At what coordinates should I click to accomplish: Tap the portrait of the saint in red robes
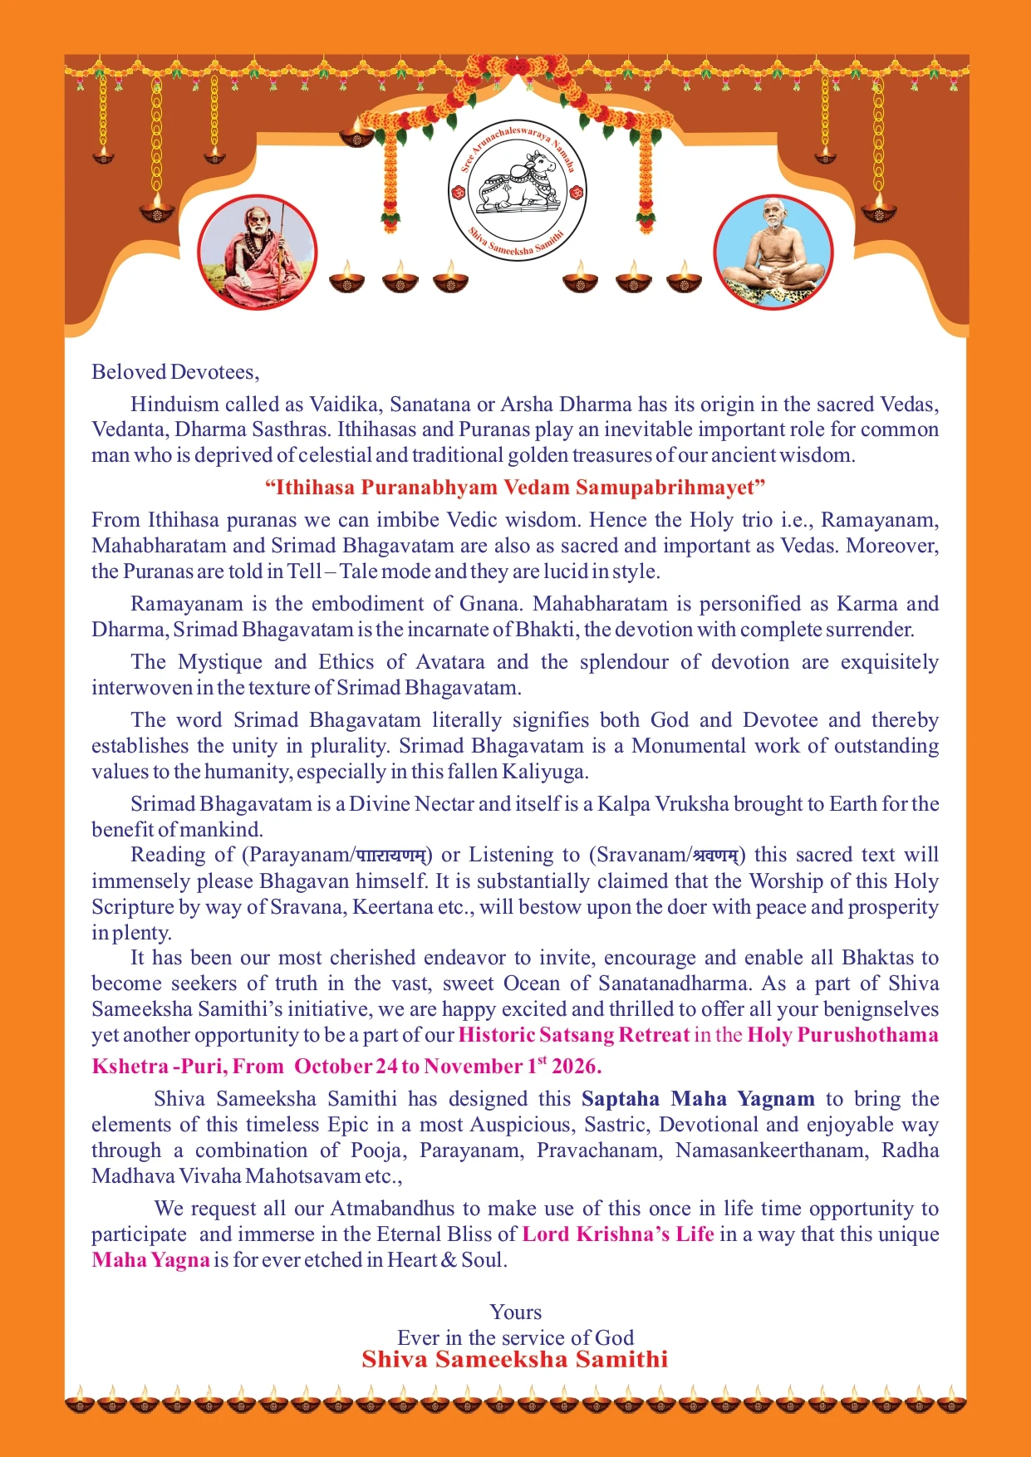(257, 253)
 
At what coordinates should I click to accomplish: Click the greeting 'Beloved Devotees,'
(175, 371)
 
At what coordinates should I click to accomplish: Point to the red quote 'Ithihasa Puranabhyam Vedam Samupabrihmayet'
(515, 487)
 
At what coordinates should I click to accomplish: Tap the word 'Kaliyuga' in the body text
(544, 772)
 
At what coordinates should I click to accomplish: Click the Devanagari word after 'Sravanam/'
(716, 855)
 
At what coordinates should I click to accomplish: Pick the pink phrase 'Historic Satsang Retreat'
(573, 1035)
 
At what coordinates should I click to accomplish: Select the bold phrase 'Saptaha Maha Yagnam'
(698, 1099)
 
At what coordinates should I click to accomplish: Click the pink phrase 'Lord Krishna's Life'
(618, 1234)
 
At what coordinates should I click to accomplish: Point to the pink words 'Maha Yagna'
(150, 1260)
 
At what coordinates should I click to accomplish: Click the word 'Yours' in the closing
(515, 1312)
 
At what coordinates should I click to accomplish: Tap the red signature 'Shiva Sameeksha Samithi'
(515, 1360)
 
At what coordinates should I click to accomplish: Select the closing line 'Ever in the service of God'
(515, 1337)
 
